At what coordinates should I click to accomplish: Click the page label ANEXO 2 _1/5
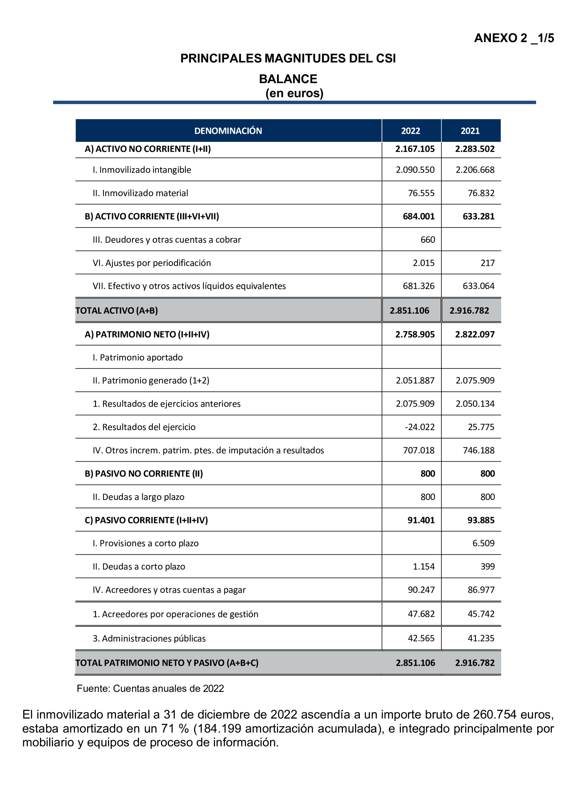[513, 38]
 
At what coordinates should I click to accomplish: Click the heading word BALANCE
[288, 79]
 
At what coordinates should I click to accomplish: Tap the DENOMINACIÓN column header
[228, 131]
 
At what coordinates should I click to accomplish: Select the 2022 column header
[411, 131]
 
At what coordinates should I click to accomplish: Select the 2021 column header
[470, 131]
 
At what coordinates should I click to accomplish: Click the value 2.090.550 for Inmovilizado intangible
[415, 170]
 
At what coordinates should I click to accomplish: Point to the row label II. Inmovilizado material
[140, 193]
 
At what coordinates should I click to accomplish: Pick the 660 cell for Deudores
[427, 240]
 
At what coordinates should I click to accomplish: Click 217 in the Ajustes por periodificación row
[487, 263]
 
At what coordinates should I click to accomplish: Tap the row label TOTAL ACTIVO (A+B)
[117, 310]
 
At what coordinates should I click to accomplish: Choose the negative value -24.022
[420, 427]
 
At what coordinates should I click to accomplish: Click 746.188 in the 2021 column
[478, 450]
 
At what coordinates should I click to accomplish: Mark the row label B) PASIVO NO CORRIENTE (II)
[143, 473]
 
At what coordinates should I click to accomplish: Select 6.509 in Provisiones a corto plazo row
[483, 543]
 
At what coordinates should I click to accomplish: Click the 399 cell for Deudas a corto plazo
[487, 566]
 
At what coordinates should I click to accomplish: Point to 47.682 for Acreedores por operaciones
[421, 614]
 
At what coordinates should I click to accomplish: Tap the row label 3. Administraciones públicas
[149, 639]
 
